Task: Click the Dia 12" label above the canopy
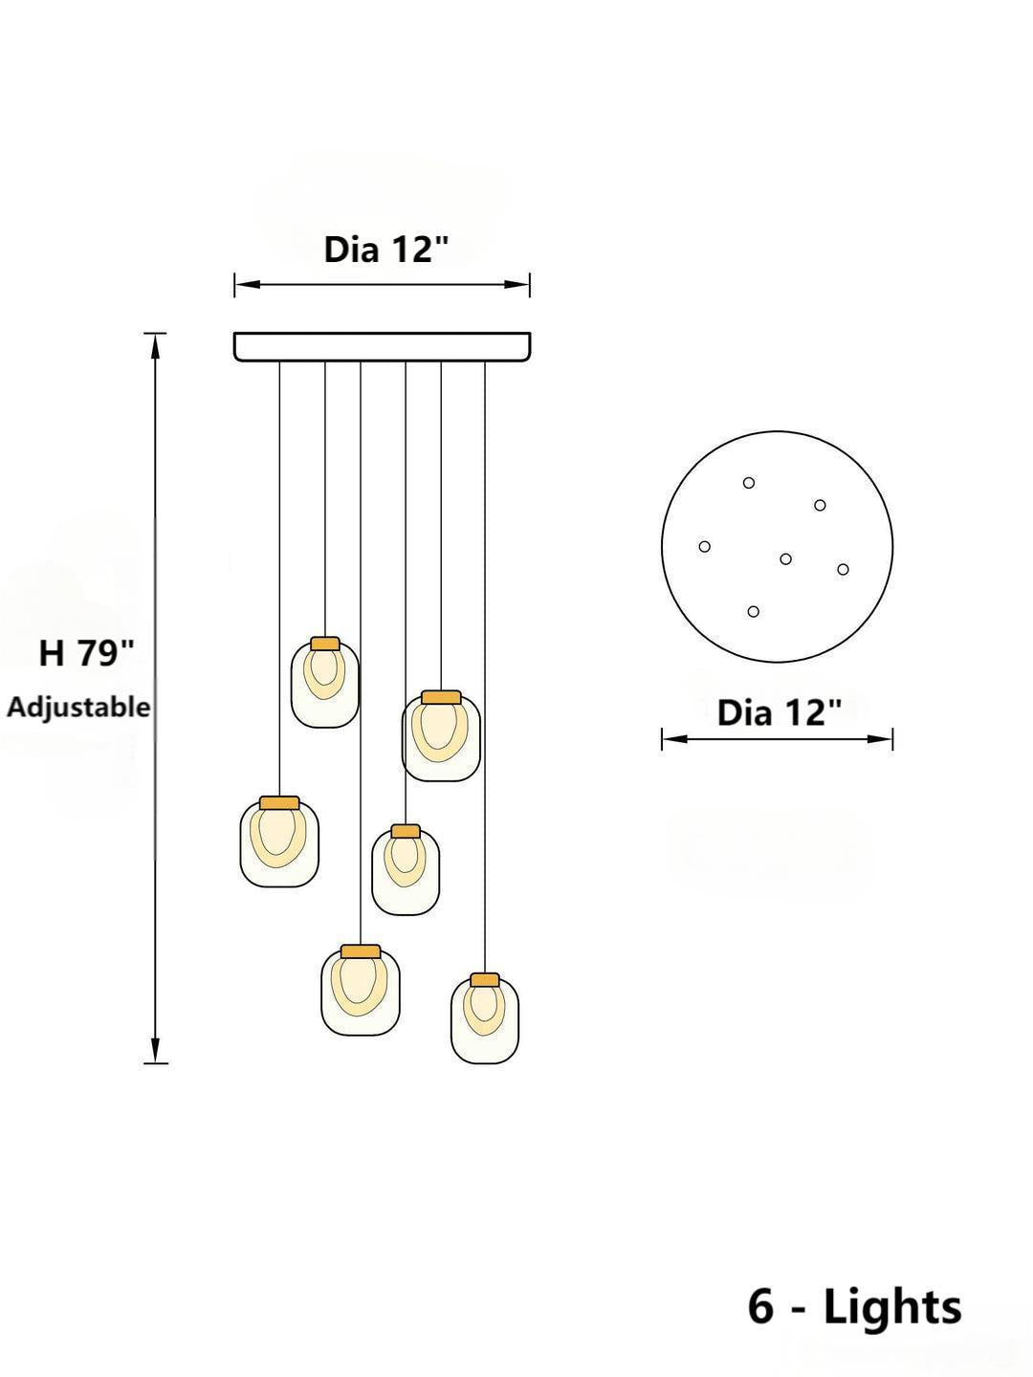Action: click(x=386, y=250)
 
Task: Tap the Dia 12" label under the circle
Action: click(x=780, y=712)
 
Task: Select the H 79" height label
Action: click(x=86, y=654)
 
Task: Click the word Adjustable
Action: click(x=78, y=708)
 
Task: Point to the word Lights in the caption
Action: click(x=891, y=1306)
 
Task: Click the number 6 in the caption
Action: click(x=761, y=1306)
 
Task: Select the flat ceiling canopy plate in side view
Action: click(x=383, y=346)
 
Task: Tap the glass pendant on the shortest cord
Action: click(x=325, y=684)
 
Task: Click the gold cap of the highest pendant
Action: click(x=325, y=644)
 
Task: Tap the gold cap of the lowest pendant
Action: click(x=485, y=980)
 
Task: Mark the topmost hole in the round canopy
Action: click(x=749, y=483)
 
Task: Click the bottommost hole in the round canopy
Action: click(x=754, y=611)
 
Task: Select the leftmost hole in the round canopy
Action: click(x=705, y=547)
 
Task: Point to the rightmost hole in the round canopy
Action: click(x=843, y=570)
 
